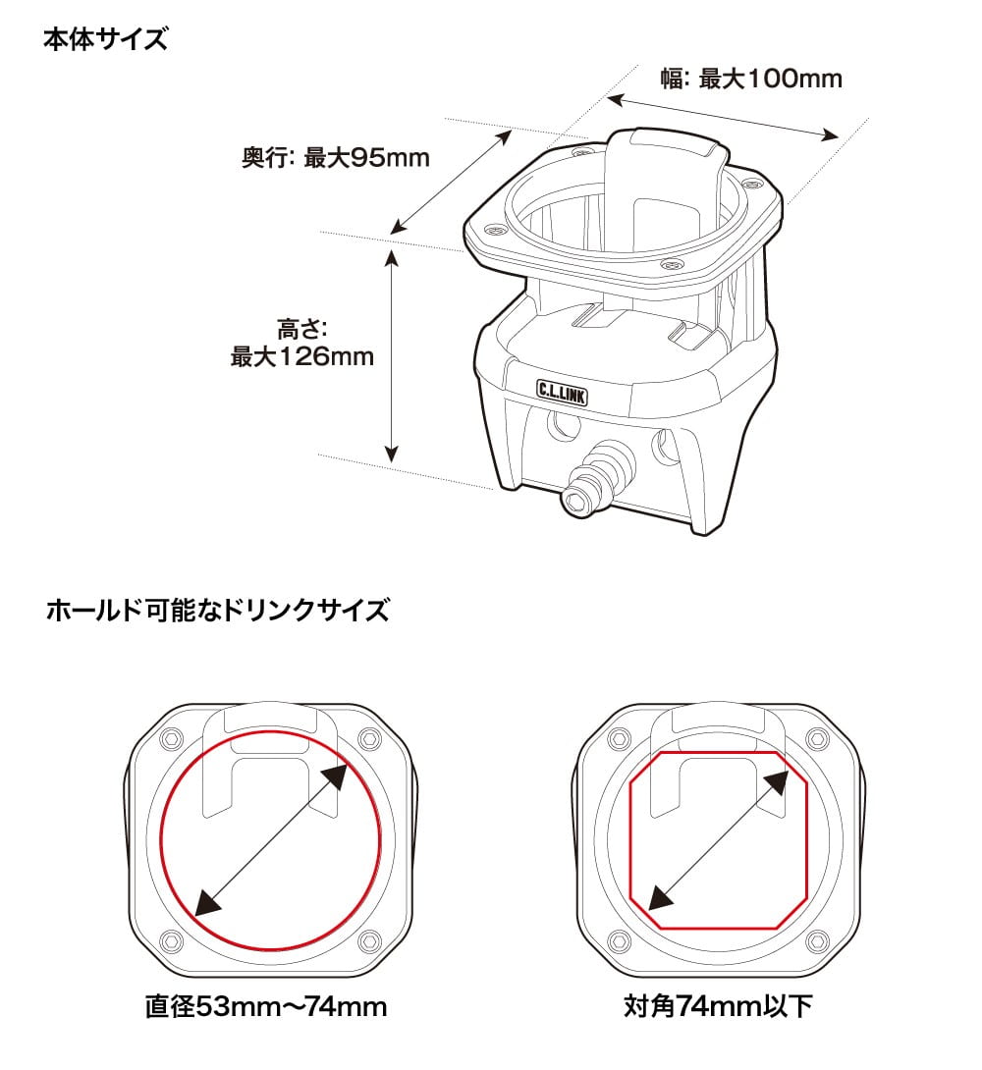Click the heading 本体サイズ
(x=105, y=39)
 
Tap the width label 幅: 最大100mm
(x=751, y=79)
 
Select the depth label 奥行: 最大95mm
(x=336, y=158)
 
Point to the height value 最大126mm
(x=302, y=356)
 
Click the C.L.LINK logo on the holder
(x=562, y=393)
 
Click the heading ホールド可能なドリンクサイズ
(x=218, y=610)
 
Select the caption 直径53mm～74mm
(x=266, y=1006)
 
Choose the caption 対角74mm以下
(x=718, y=1006)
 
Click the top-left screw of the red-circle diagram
(x=170, y=738)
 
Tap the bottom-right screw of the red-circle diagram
(x=369, y=941)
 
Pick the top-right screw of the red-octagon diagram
(x=817, y=738)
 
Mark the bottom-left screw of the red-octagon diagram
(x=618, y=941)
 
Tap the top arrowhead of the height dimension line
(x=391, y=258)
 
